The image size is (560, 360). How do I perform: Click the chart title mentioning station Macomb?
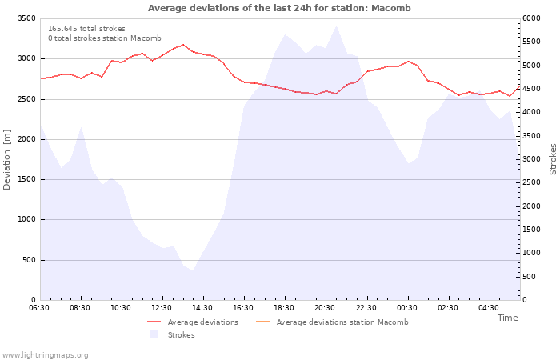click(279, 8)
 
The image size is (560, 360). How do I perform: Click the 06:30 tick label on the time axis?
click(39, 308)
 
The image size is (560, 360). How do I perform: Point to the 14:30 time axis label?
click(203, 308)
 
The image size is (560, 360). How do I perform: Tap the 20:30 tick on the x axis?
click(326, 308)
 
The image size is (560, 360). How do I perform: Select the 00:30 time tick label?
click(407, 308)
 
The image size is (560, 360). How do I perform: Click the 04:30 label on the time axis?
click(489, 308)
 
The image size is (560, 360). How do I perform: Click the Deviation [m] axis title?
click(7, 159)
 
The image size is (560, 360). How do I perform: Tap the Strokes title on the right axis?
click(553, 159)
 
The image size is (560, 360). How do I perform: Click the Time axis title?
click(507, 318)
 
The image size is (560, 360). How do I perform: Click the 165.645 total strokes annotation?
click(86, 29)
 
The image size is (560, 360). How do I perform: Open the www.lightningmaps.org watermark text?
click(46, 354)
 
